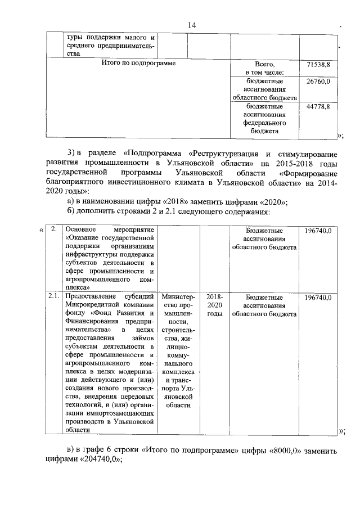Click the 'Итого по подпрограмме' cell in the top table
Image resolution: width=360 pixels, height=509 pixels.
[138, 64]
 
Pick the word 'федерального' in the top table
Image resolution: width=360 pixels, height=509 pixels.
[264, 122]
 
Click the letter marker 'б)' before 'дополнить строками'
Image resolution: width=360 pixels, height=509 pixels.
[71, 212]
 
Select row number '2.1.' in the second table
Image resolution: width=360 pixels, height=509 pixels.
[53, 296]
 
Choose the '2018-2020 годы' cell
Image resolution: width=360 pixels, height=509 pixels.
[214, 305]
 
